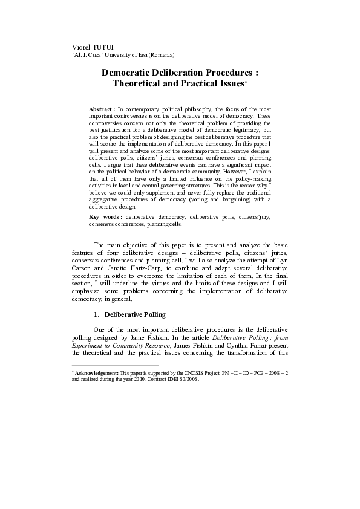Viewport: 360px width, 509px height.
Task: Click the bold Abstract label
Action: pyautogui.click(x=101, y=109)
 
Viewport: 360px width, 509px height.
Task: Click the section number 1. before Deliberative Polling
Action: pyautogui.click(x=97, y=315)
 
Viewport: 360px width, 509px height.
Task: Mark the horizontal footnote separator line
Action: pyautogui.click(x=115, y=366)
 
